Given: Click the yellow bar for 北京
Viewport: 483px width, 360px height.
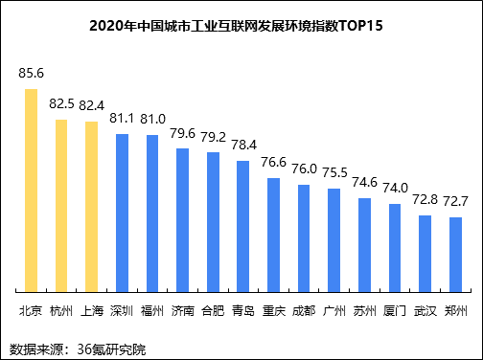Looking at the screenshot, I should click(31, 190).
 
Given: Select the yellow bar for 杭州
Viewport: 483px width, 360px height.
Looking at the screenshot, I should click(61, 205).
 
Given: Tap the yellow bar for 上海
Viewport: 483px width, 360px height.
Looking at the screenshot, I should click(92, 206).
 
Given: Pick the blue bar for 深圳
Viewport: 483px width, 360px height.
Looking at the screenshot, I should click(122, 212).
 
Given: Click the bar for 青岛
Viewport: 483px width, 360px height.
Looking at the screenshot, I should click(243, 225).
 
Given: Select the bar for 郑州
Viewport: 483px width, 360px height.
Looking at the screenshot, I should click(456, 254).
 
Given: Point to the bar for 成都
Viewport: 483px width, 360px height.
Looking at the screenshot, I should click(304, 237).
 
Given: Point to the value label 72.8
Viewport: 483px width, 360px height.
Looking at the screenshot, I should click(425, 199).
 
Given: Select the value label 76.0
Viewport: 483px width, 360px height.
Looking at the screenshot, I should click(304, 169).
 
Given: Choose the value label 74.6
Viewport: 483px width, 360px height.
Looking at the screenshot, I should click(364, 182).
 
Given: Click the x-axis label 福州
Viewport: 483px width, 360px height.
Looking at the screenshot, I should click(152, 310).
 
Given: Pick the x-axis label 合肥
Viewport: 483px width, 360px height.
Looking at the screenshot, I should click(213, 310).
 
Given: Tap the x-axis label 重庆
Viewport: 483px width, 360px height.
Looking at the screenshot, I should click(273, 310).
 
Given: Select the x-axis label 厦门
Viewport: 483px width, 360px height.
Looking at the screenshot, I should click(395, 310).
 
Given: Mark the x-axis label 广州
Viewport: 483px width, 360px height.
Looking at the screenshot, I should click(334, 310).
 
